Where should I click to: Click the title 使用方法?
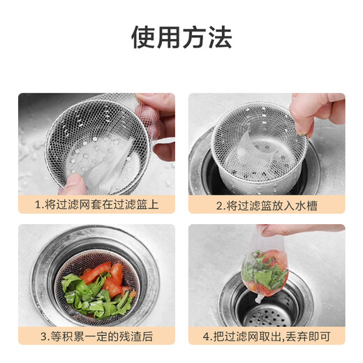coord(181,37)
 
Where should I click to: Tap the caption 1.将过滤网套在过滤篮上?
coord(96,205)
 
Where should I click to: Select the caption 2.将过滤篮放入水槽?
coord(266,205)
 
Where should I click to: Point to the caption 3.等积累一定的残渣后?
coord(96,336)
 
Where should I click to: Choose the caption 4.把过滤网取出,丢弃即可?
coord(266,336)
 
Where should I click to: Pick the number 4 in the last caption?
coord(207,336)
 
